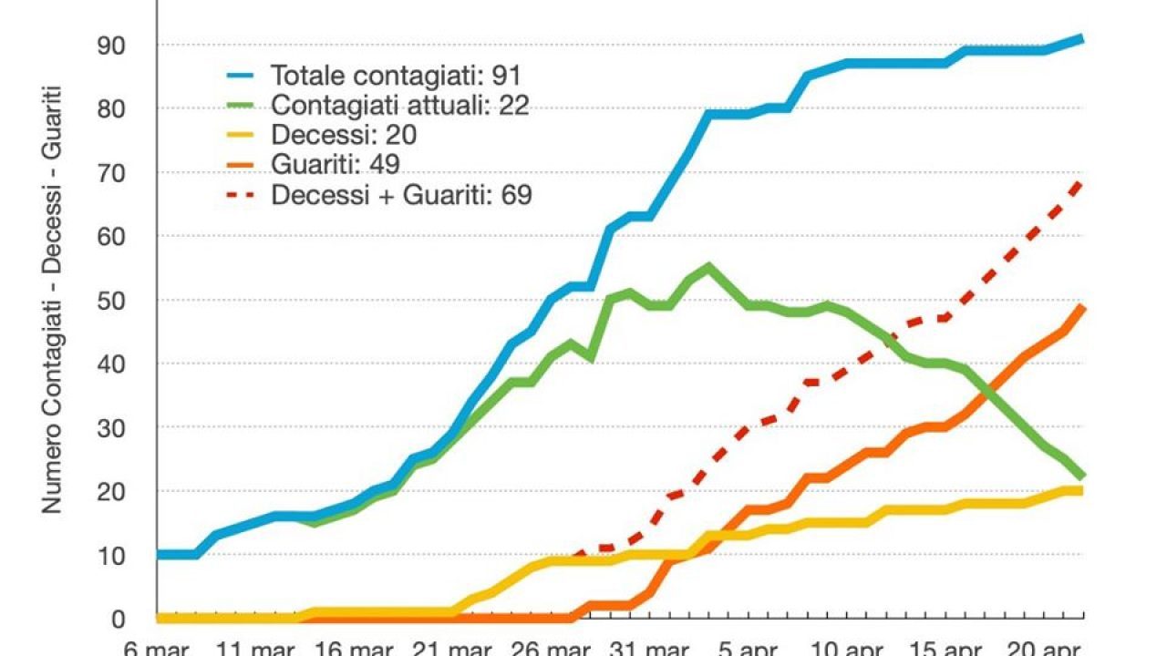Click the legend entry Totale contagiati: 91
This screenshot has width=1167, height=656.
coord(396,75)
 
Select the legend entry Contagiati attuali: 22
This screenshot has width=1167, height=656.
coord(399,105)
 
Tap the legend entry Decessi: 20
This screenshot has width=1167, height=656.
coord(343,135)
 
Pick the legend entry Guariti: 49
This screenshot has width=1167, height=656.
coord(335,164)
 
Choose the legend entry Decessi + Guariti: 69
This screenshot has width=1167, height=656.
coord(401,194)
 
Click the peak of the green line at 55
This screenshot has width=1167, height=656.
coord(708,266)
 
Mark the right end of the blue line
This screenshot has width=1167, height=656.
coord(1082,38)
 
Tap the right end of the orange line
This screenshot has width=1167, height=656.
coord(1082,307)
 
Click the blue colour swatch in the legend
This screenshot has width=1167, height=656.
coord(243,75)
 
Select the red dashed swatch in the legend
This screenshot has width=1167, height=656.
coord(243,194)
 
